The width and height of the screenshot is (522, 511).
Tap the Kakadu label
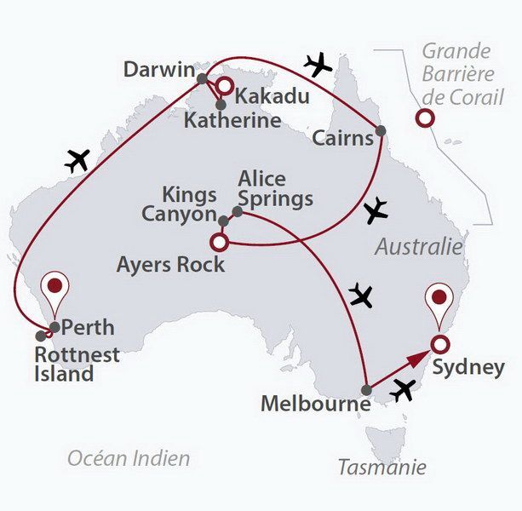272,95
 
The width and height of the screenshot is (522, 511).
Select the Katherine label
232,120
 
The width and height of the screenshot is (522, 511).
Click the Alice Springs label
275,189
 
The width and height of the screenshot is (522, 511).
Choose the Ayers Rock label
171,264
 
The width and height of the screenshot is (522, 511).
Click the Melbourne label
315,404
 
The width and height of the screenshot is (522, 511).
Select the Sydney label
468,368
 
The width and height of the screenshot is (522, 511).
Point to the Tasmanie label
381,467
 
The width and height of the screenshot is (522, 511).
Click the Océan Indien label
129,458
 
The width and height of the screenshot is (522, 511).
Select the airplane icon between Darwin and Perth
77,159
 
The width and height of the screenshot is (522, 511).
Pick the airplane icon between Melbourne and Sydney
404,389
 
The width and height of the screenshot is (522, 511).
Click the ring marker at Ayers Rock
218,242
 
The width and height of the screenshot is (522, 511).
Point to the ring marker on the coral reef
423,119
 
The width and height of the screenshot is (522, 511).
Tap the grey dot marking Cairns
380,131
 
